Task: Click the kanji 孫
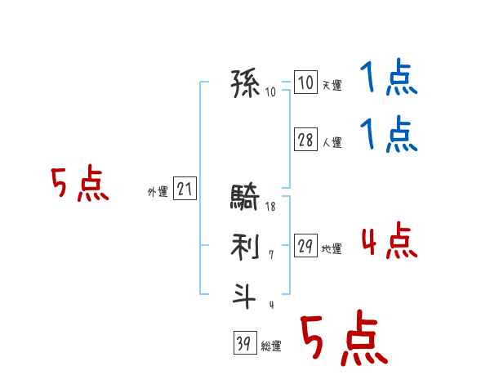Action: coord(246,83)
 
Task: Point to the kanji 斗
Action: coord(246,293)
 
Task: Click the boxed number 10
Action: coord(305,83)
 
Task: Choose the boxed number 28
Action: coord(305,140)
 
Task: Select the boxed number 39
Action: coord(243,344)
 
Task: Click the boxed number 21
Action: coord(185,190)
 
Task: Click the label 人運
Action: coord(332,142)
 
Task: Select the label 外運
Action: coord(158,192)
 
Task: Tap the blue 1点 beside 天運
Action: coord(389,80)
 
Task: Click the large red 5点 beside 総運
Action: coord(343,339)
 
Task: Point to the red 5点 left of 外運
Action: coord(79,185)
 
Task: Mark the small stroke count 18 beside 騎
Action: coord(270,208)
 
